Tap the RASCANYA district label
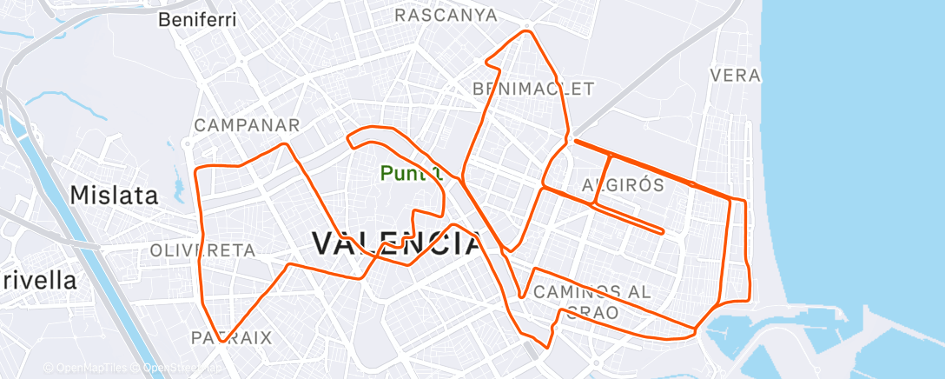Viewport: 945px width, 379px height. [x=446, y=16]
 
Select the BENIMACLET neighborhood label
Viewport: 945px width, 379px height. [x=533, y=89]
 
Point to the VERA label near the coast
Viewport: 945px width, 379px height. [x=735, y=76]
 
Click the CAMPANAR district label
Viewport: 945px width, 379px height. [x=247, y=125]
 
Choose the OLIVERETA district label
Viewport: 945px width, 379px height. [x=202, y=250]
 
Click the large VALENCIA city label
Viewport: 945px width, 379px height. [x=396, y=243]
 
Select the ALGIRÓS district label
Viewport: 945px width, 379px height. [x=623, y=184]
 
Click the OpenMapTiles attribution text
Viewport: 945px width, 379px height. [x=89, y=368]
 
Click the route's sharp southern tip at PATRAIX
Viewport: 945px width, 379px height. [x=222, y=342]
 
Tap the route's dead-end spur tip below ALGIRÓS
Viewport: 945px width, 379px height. [x=663, y=232]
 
